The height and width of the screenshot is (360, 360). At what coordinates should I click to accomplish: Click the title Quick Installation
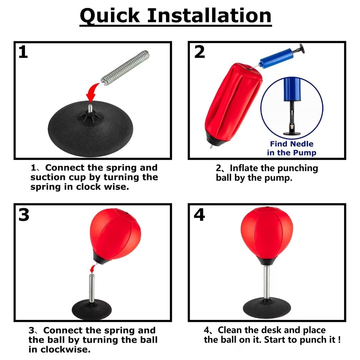pyautogui.click(x=176, y=16)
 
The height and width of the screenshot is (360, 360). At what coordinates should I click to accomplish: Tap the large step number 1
pyautogui.click(x=23, y=52)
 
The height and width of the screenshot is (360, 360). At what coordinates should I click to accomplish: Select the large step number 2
pyautogui.click(x=199, y=52)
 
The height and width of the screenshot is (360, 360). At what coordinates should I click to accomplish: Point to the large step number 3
pyautogui.click(x=24, y=215)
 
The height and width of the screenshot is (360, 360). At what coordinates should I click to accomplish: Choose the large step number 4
pyautogui.click(x=199, y=215)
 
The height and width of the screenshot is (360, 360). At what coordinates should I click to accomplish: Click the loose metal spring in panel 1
pyautogui.click(x=125, y=68)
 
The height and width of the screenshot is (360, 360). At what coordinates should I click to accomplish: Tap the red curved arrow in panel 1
pyautogui.click(x=92, y=93)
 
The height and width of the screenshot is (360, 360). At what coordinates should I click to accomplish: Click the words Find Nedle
pyautogui.click(x=292, y=144)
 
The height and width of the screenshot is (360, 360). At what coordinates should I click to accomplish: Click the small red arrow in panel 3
pyautogui.click(x=93, y=269)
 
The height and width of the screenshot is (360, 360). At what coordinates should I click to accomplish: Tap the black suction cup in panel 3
pyautogui.click(x=92, y=310)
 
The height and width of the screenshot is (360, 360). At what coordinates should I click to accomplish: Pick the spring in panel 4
pyautogui.click(x=267, y=282)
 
